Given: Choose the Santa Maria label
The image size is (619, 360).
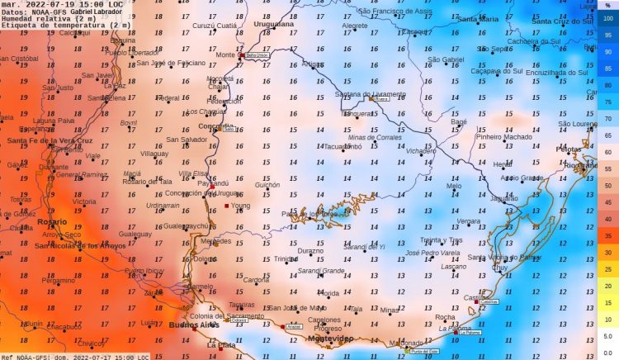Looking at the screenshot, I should tap(479, 18).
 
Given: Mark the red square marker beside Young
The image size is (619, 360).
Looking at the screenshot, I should tap(227, 206).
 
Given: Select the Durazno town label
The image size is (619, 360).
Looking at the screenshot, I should tap(310, 251).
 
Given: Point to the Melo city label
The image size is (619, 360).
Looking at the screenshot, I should tap(453, 186).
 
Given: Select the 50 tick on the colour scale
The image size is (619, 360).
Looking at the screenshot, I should tap(607, 186).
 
